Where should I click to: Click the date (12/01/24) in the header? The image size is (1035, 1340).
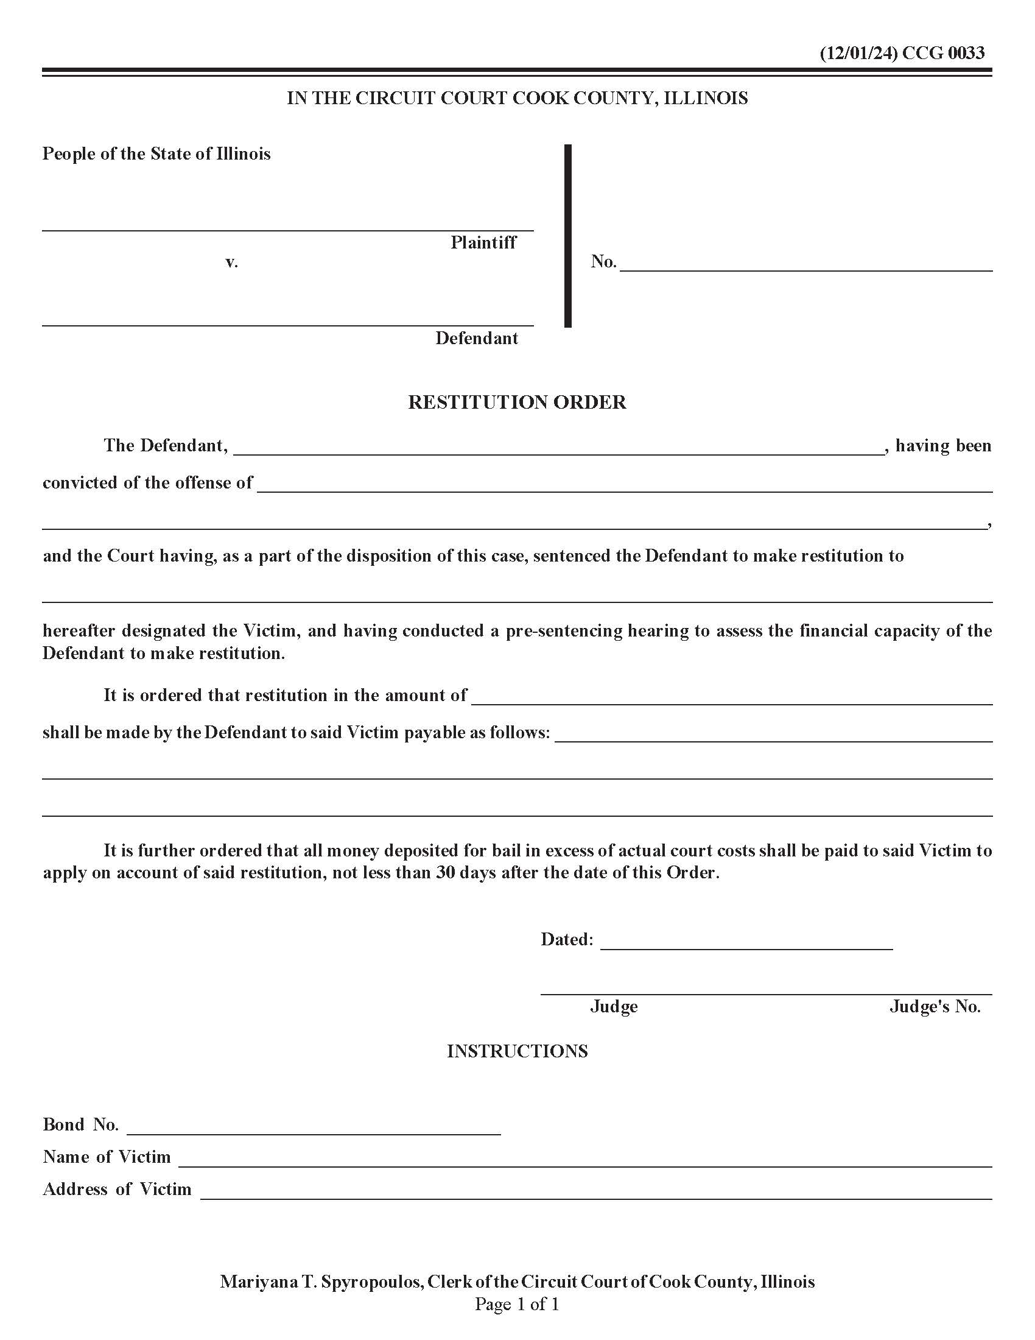(858, 53)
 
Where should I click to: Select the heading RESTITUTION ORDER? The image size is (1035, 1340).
(517, 402)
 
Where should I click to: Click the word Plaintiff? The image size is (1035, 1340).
(483, 242)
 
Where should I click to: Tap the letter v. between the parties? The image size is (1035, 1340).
(231, 263)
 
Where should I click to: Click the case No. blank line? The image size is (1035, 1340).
(805, 264)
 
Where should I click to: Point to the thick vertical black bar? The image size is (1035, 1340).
(568, 236)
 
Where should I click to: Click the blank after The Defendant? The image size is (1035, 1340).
(558, 448)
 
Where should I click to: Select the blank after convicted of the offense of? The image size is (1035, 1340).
(624, 485)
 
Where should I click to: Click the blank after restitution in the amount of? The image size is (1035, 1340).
(731, 697)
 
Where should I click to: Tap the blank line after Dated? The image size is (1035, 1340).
(746, 942)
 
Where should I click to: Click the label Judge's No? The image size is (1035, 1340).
(935, 1007)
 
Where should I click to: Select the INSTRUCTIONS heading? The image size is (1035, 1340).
(517, 1051)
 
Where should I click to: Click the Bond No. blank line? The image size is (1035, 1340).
(314, 1127)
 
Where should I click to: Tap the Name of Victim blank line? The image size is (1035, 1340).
(584, 1160)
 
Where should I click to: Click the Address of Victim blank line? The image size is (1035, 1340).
(595, 1192)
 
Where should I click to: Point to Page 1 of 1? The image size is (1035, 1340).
(517, 1304)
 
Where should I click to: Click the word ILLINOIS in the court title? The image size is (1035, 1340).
(706, 98)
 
